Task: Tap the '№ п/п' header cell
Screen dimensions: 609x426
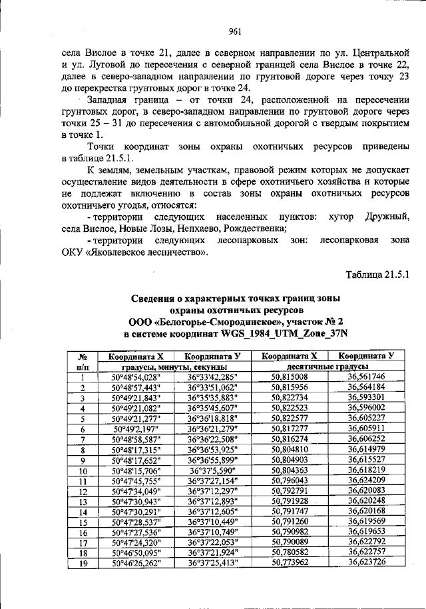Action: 83,362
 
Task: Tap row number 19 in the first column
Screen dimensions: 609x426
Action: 83,563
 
